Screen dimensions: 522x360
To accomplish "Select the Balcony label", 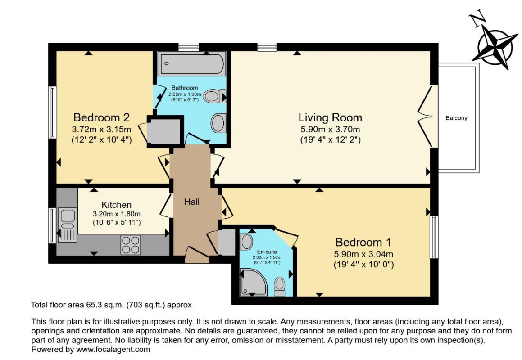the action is [456, 118].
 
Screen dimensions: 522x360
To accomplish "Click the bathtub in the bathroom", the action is [192, 63].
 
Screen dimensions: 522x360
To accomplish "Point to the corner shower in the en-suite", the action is [253, 283].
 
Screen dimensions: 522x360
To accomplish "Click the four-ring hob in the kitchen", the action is [131, 244].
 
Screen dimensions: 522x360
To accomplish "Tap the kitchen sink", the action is [68, 225].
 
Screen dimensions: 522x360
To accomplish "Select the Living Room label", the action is [330, 117].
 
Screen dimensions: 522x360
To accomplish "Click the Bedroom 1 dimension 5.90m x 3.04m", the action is [363, 254].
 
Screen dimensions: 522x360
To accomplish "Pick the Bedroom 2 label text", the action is [101, 117].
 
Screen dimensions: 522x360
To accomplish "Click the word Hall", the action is [192, 202].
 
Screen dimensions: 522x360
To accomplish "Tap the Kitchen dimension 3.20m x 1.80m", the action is [117, 214].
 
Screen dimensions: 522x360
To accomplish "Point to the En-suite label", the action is [267, 252].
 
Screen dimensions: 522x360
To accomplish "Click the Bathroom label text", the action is [184, 88].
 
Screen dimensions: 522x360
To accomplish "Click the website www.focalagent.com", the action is [113, 349].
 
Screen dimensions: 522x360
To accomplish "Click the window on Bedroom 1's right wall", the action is [434, 237].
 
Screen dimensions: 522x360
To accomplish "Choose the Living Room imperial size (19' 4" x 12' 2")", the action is [331, 140].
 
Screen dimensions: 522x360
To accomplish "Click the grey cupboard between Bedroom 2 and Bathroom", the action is [164, 131].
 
